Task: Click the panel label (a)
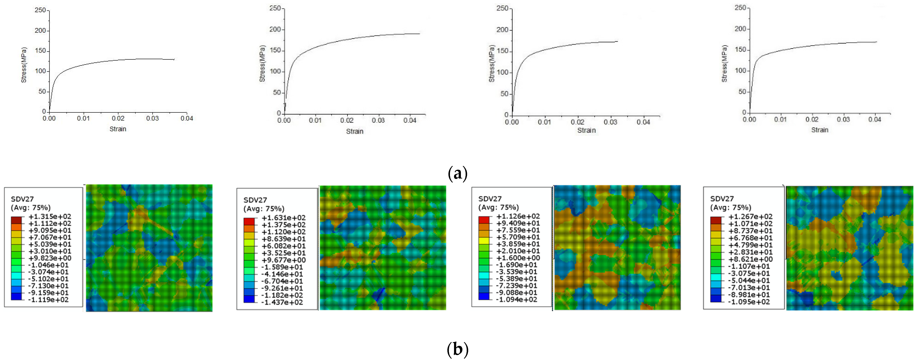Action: click(x=457, y=174)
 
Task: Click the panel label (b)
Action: click(x=457, y=349)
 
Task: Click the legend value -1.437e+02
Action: click(x=282, y=302)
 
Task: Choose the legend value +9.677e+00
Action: click(x=283, y=260)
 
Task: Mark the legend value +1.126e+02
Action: click(x=518, y=216)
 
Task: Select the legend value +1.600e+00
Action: click(x=518, y=258)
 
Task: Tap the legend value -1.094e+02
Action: click(x=516, y=299)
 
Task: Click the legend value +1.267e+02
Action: click(x=750, y=216)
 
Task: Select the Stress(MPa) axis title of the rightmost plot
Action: click(x=724, y=64)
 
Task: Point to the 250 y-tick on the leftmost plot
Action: click(x=40, y=10)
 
